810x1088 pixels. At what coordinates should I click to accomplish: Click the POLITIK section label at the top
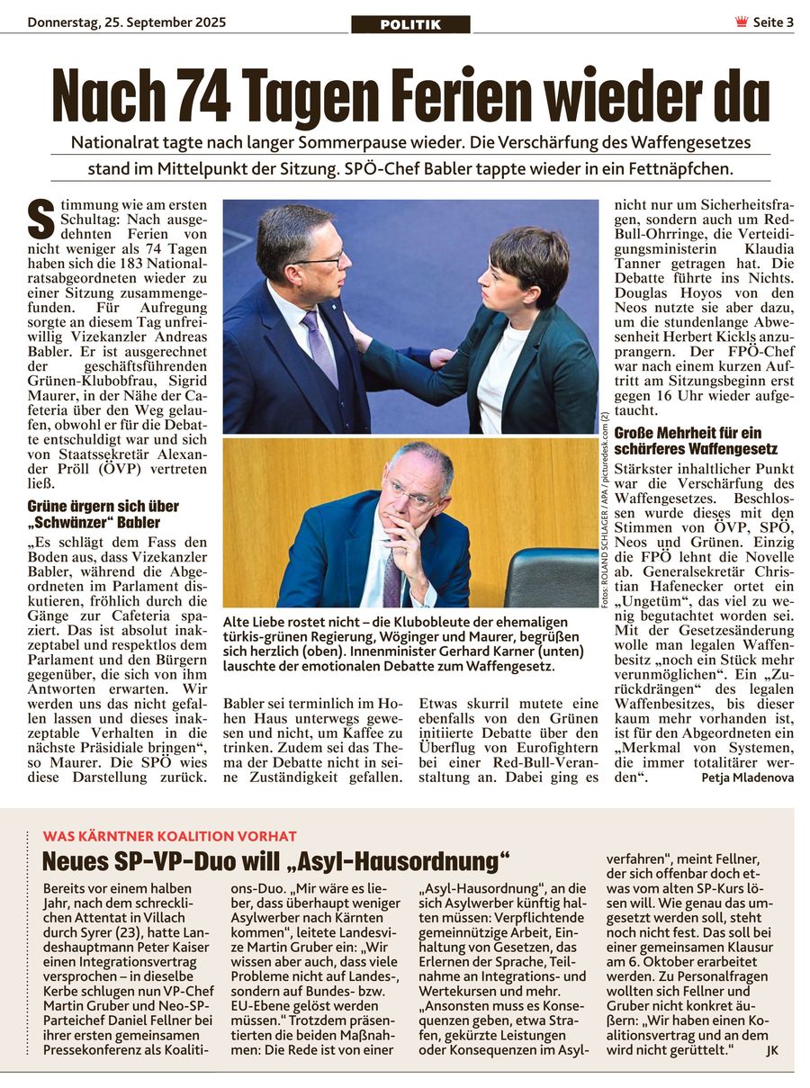[x=410, y=24]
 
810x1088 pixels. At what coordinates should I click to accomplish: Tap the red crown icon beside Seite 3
[x=742, y=22]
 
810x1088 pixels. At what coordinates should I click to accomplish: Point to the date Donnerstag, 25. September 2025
[x=127, y=22]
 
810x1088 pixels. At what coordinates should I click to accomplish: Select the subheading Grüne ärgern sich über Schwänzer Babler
[x=103, y=514]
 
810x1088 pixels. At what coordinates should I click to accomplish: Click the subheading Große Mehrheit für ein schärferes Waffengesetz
[x=696, y=440]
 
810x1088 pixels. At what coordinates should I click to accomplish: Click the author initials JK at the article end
[x=772, y=1049]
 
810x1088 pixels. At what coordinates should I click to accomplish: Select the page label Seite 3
[x=773, y=22]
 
